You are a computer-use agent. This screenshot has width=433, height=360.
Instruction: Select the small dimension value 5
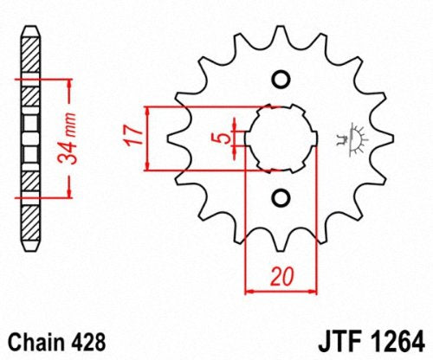[x=223, y=138]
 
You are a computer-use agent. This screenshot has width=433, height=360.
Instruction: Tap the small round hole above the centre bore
[x=280, y=80]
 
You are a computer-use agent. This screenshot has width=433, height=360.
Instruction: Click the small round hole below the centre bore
[x=280, y=197]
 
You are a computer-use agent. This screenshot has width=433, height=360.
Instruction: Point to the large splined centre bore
[x=280, y=138]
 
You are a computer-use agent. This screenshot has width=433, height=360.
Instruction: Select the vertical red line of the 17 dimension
[x=149, y=138]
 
